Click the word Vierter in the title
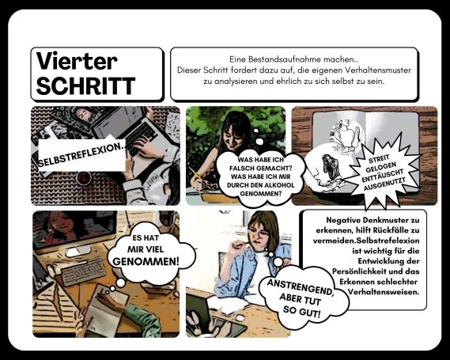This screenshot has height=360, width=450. [x=77, y=61]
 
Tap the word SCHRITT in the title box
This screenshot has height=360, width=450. [x=86, y=85]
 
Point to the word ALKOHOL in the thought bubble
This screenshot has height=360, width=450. [x=280, y=185]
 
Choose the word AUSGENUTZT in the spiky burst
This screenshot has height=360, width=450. [x=384, y=184]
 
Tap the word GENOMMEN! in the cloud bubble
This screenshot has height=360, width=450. [x=146, y=261]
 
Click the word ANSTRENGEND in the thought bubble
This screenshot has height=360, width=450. [x=301, y=287]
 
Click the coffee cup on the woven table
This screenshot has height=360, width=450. [x=84, y=178]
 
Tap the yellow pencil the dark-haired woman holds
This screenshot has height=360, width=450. [x=195, y=175]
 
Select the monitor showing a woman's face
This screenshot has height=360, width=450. [x=75, y=230]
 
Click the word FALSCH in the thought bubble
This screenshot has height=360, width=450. [x=243, y=169]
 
